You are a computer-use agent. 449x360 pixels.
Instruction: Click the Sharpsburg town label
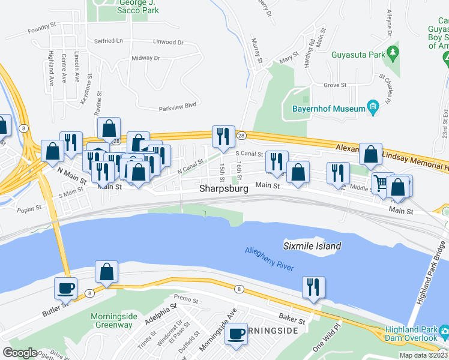point(224,189)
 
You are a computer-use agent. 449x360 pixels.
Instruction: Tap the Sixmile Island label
point(312,246)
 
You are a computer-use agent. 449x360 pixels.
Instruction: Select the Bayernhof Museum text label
point(328,109)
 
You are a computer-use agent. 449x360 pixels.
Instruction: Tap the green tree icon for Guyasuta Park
point(393,53)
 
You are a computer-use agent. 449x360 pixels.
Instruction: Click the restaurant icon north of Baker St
point(313,287)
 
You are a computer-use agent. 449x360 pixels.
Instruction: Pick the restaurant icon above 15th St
point(224,136)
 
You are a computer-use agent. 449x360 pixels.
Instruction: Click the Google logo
point(20,353)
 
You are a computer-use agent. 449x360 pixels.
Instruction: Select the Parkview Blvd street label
point(178,109)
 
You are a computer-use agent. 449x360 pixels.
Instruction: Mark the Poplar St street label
point(31,208)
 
